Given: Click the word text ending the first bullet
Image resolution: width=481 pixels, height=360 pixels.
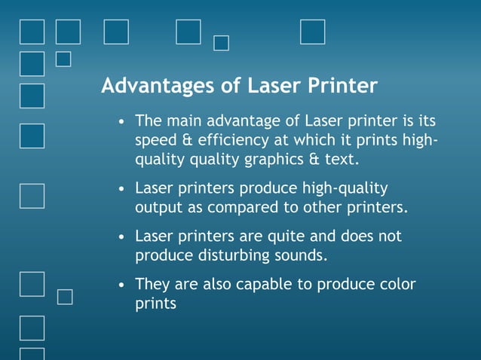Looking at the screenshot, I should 340,160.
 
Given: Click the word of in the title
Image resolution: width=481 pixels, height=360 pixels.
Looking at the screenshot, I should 231,86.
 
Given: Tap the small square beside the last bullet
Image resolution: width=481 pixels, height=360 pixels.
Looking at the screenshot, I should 66,297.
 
